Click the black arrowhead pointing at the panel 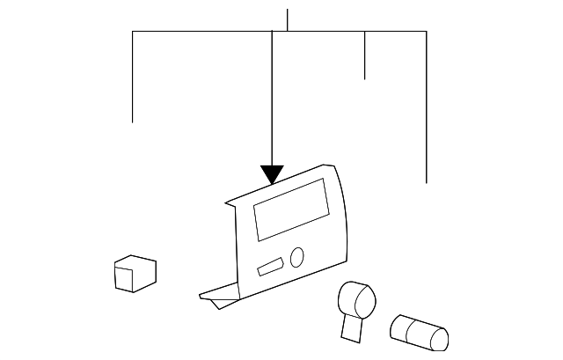pyautogui.click(x=272, y=174)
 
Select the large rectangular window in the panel pyautogui.click(x=289, y=209)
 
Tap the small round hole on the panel pyautogui.click(x=296, y=257)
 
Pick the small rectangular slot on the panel pyautogui.click(x=270, y=266)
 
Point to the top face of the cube pyautogui.click(x=136, y=261)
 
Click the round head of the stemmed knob pyautogui.click(x=356, y=298)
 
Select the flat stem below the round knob pyautogui.click(x=351, y=327)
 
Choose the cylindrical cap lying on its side pyautogui.click(x=419, y=331)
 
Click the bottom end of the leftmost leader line pyautogui.click(x=133, y=121)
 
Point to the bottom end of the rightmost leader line pyautogui.click(x=427, y=182)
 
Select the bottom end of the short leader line pyautogui.click(x=365, y=79)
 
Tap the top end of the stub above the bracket pyautogui.click(x=288, y=10)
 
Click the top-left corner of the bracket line pyautogui.click(x=133, y=32)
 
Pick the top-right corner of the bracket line pyautogui.click(x=427, y=32)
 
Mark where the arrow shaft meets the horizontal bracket pyautogui.click(x=272, y=32)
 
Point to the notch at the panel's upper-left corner pyautogui.click(x=230, y=203)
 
